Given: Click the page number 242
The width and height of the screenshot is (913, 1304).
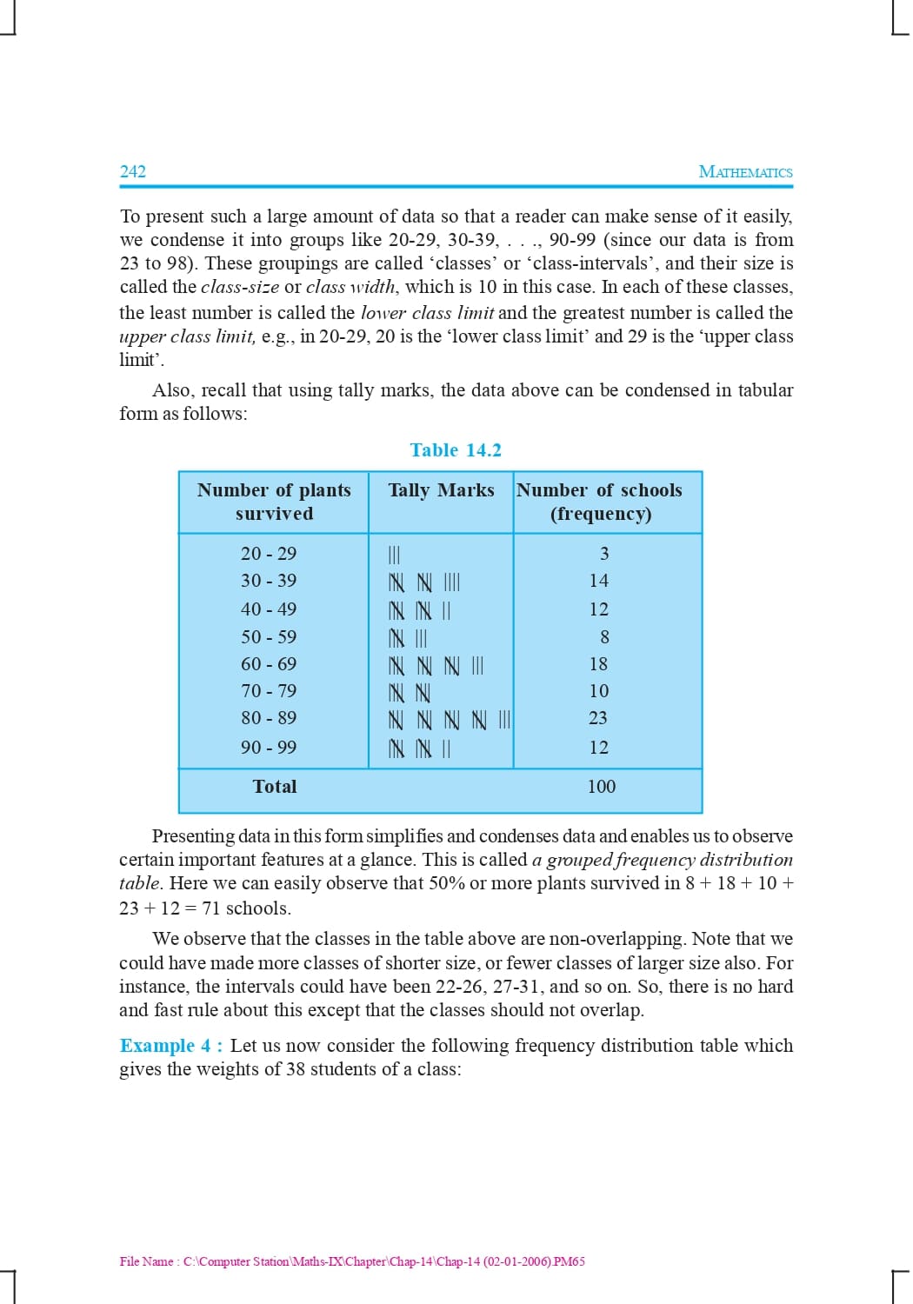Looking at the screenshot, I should [x=133, y=171].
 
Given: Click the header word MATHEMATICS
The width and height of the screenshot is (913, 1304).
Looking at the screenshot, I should [x=745, y=172].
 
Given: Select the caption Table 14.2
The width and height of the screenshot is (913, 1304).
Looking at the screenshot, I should [x=456, y=450].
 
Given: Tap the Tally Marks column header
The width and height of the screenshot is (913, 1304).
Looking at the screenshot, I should [x=441, y=490].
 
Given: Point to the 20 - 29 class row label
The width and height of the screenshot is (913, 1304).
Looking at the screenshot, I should [x=269, y=554].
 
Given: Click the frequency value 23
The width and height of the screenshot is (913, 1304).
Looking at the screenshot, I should [x=598, y=718].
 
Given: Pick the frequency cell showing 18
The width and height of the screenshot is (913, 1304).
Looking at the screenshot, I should [x=598, y=664].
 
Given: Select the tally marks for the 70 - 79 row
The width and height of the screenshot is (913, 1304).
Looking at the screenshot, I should [x=410, y=693].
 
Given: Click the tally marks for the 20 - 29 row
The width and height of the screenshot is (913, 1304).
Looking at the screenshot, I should [x=394, y=555].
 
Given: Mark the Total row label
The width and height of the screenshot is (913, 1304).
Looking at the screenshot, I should [x=275, y=787].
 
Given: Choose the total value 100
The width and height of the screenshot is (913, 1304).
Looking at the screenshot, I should [x=601, y=787].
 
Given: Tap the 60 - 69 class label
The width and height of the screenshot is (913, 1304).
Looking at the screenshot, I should [x=269, y=664].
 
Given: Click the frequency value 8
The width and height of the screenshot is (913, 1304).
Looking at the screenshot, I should [x=604, y=637].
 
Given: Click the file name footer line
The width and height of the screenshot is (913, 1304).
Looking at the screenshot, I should [x=352, y=1261].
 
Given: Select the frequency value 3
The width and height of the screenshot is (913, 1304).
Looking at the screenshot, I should [x=604, y=554].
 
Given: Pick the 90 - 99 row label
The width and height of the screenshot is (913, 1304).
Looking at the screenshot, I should [x=269, y=748].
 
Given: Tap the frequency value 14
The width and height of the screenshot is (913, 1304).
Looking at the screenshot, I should [x=598, y=581].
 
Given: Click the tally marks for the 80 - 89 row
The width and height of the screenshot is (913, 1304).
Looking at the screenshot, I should [x=449, y=720].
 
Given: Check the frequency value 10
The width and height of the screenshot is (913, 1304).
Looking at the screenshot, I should [x=598, y=691].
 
